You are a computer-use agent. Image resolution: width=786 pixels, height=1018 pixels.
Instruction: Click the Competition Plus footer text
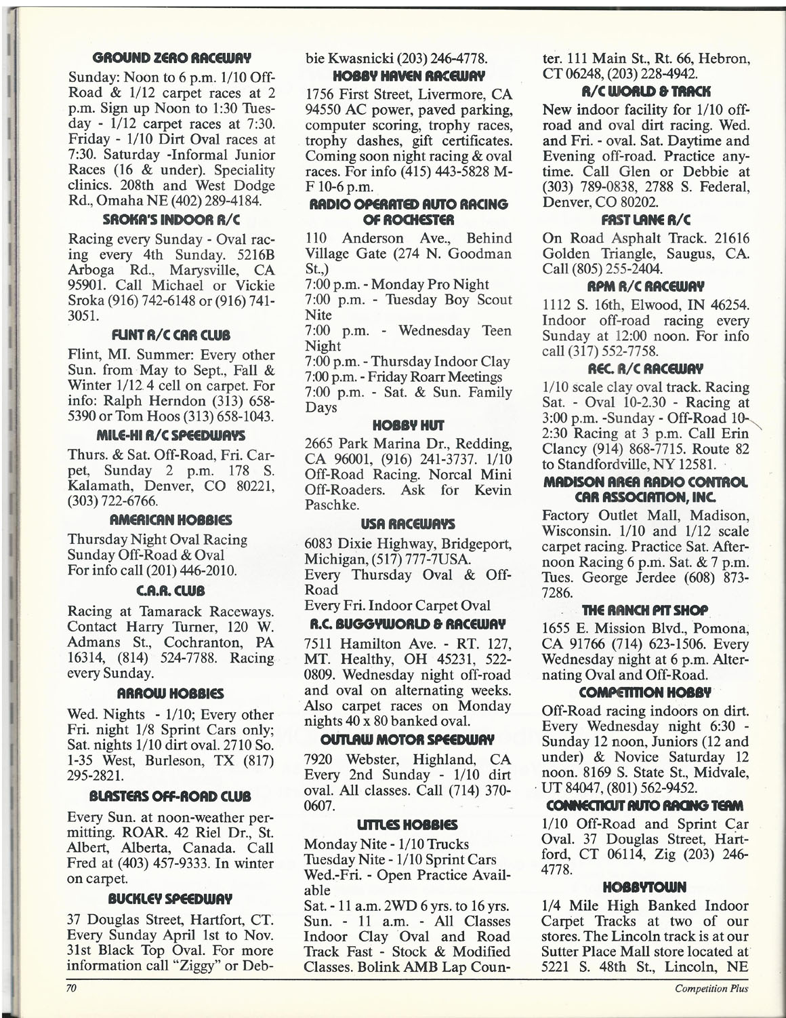point(711,988)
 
